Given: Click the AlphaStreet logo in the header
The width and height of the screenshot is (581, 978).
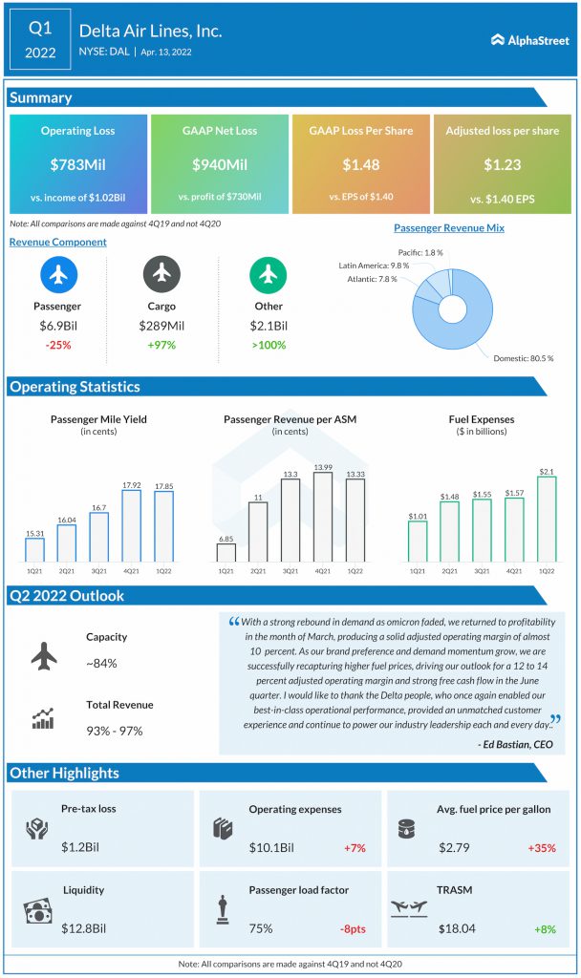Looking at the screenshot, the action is [529, 40].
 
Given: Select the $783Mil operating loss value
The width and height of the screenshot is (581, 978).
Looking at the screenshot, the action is [78, 164].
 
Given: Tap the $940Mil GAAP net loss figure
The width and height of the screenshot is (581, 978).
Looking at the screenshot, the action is [220, 164].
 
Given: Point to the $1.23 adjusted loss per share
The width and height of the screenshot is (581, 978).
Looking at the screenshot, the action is [503, 164].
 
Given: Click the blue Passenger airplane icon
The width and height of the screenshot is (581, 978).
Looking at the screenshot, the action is [58, 274].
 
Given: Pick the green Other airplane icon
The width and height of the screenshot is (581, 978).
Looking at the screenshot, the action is [269, 274].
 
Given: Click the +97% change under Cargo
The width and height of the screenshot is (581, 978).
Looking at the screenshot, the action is [161, 345].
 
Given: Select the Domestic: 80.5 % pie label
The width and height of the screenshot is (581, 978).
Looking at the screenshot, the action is [523, 359].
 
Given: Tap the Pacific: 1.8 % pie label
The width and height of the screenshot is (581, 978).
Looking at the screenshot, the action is [420, 252].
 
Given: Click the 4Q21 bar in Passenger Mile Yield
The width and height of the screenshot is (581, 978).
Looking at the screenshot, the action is [131, 526].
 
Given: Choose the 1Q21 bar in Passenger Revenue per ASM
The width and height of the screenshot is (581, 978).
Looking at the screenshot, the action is [226, 553].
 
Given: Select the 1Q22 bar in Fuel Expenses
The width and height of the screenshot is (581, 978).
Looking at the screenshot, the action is [547, 520].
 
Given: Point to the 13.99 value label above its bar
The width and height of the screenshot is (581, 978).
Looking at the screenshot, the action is [323, 467].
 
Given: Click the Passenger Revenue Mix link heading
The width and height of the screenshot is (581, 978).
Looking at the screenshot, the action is [449, 228].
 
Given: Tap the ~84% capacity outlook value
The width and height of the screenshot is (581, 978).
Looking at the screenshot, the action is [101, 663].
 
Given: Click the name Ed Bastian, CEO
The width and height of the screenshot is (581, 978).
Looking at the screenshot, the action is [515, 744].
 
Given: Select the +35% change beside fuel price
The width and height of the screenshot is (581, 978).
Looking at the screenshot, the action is [542, 848].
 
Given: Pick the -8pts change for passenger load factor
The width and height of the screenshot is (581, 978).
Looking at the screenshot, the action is [354, 928].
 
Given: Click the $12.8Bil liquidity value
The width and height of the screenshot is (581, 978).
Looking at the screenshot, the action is [84, 928].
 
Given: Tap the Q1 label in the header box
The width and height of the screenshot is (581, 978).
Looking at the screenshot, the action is [40, 28].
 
